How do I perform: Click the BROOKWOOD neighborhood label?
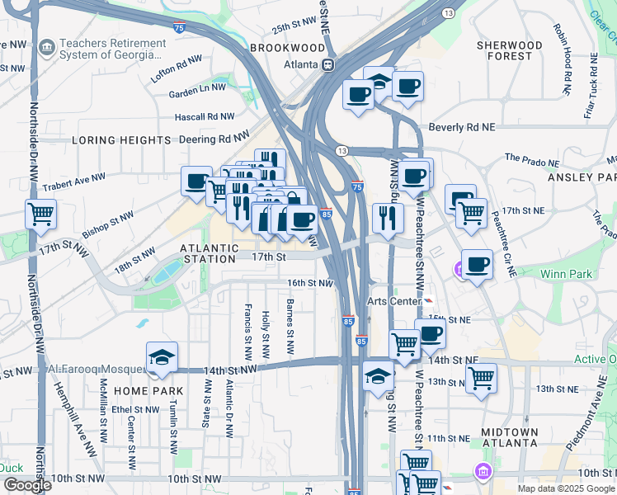(x=288, y=49)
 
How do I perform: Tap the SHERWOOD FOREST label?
(x=510, y=50)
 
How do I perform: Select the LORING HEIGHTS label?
(x=121, y=140)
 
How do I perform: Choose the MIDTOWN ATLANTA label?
(x=509, y=438)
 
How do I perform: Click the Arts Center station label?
(x=394, y=301)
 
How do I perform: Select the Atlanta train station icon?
(x=328, y=64)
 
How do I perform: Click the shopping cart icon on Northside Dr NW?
(x=40, y=214)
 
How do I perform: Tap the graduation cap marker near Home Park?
(x=162, y=356)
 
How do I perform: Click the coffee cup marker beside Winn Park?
(x=477, y=265)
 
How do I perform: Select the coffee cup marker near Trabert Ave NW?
(x=196, y=181)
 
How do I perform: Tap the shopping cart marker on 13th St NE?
(x=481, y=378)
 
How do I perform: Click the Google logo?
(x=27, y=485)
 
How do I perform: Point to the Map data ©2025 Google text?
(x=565, y=488)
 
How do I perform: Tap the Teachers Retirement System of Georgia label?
(x=107, y=49)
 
